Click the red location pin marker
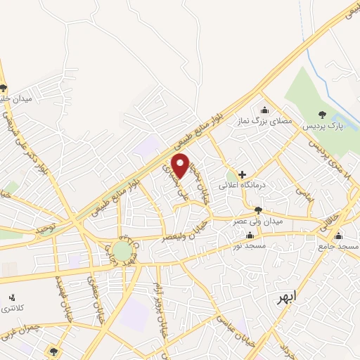[x=181, y=165]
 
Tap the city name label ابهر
[x=286, y=297]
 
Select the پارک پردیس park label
[x=322, y=127]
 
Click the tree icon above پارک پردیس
[x=323, y=115]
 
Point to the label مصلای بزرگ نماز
[x=264, y=121]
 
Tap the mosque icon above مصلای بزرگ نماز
[x=264, y=109]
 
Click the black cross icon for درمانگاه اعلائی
[x=243, y=174]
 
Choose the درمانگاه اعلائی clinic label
[x=243, y=185]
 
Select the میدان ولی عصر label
[x=258, y=222]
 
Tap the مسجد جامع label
[x=338, y=247]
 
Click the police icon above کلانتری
[x=11, y=298]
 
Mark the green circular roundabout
[x=122, y=250]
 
